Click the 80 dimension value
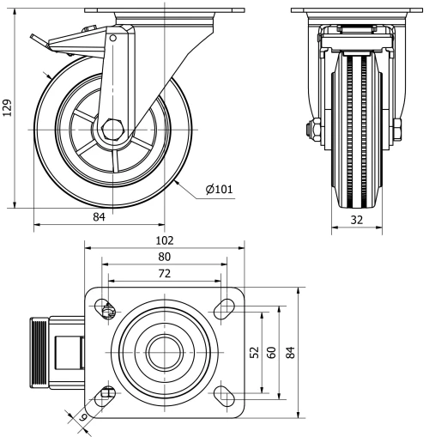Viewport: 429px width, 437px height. coord(165,257)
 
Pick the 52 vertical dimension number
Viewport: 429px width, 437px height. coord(254,352)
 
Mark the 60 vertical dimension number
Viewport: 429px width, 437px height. coord(272,352)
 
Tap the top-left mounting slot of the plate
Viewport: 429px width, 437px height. coord(106,309)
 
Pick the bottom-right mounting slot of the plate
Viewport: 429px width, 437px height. coord(225,393)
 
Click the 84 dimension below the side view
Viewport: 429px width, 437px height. coord(99,218)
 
